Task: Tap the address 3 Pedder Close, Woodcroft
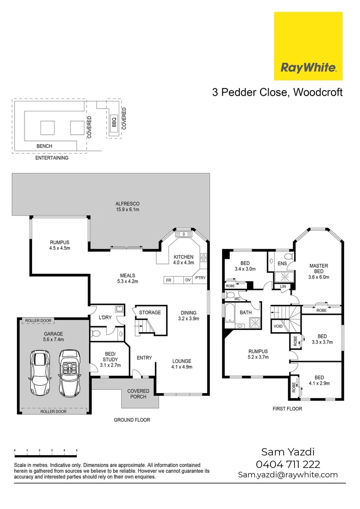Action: click(x=277, y=92)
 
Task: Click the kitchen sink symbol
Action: click(x=182, y=234)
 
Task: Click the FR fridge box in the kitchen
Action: click(x=168, y=280)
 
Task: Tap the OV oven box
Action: click(x=188, y=280)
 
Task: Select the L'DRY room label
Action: click(x=105, y=317)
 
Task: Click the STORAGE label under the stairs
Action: click(x=150, y=312)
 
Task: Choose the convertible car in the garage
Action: click(x=69, y=372)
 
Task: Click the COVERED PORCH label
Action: click(x=138, y=394)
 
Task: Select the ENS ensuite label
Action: click(x=282, y=263)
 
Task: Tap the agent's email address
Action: click(x=288, y=475)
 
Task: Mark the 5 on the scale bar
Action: click(x=76, y=451)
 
